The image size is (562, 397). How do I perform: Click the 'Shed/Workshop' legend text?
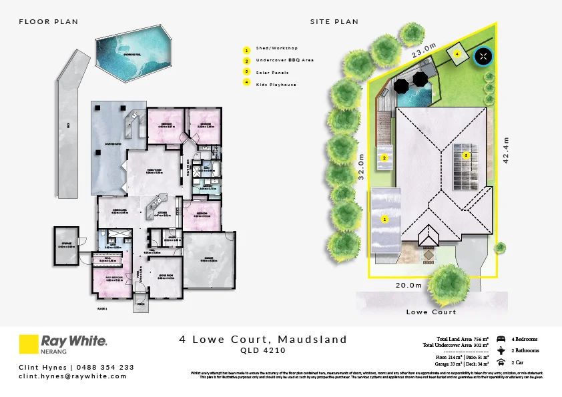coord(276,49)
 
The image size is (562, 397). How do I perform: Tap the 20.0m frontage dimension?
coord(408,285)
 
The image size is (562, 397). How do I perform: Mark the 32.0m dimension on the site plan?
coord(361,164)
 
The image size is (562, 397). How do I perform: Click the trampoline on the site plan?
coord(483,57)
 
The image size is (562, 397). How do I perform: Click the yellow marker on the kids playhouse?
coord(457,52)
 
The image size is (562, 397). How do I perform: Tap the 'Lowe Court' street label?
coord(431,312)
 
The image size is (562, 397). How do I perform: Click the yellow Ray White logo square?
coord(28,344)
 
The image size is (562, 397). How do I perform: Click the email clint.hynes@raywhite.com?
coord(72,376)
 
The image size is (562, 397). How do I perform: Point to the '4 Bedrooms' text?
coord(523,339)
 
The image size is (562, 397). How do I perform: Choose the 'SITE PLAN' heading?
coord(334,22)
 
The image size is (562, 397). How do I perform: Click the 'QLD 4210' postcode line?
coord(263,350)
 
